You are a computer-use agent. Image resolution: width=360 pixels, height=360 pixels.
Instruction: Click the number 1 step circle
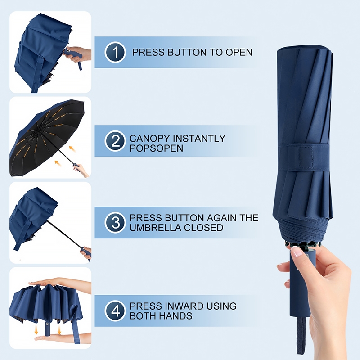click(x=115, y=52)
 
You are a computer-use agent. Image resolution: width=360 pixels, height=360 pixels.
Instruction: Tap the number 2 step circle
click(x=115, y=141)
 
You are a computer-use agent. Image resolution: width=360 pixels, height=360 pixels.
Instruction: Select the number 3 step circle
click(x=115, y=223)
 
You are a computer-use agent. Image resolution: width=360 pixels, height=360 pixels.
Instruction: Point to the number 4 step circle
click(x=115, y=311)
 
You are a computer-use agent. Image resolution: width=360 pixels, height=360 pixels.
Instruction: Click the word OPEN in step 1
click(x=239, y=52)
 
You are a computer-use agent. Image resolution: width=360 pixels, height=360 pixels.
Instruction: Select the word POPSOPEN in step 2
click(x=156, y=148)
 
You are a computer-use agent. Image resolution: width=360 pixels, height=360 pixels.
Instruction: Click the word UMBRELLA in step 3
click(x=155, y=228)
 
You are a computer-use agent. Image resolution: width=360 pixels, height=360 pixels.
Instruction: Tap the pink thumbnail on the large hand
click(x=297, y=252)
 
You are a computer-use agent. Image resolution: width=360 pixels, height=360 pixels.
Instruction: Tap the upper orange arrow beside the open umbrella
click(x=72, y=149)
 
